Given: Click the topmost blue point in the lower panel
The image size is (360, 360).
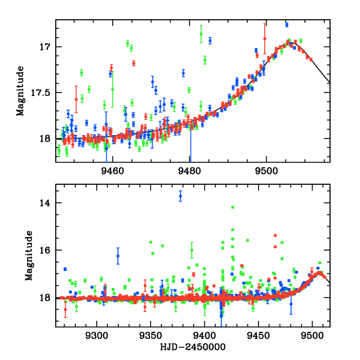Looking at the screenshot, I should [180, 196].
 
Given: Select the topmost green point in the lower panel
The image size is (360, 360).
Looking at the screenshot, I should [232, 207].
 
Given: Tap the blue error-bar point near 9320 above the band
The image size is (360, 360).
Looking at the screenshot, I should [118, 256].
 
